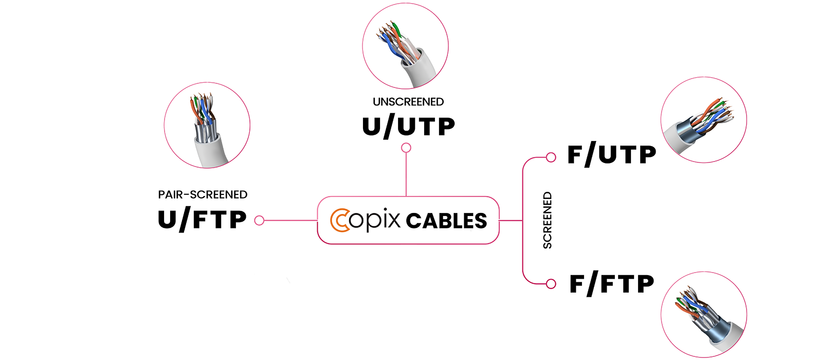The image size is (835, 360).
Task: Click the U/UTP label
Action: point(408,127)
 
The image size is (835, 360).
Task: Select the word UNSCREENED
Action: point(408,102)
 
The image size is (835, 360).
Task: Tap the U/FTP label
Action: point(202,220)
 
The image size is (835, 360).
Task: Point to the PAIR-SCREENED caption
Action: point(203,195)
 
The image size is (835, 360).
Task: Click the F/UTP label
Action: point(611,155)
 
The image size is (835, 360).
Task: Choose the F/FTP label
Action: point(611,284)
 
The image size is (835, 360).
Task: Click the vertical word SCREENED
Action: point(548,220)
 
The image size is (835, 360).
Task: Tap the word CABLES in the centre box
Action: point(446,221)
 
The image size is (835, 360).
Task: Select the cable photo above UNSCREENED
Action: point(405,46)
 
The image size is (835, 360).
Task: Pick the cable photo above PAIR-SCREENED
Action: point(207,125)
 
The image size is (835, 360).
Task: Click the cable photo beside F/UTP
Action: point(703,120)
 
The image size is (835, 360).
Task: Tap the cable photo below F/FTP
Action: point(703,314)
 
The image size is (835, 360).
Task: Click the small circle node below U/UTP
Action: point(406,148)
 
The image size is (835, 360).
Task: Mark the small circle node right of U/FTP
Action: point(259,221)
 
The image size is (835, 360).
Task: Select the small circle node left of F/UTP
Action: point(551,157)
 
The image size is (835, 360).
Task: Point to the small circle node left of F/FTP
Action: point(551,284)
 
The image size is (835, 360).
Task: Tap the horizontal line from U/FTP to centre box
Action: point(291,221)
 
